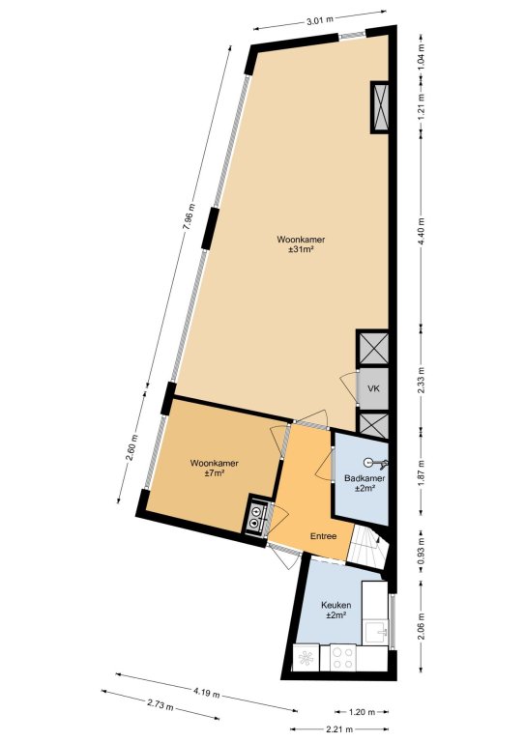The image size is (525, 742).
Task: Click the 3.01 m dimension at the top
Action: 320,19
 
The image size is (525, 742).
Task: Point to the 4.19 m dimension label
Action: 206,693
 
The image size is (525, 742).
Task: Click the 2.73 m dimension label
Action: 160,705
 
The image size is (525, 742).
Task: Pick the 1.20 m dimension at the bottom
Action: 362,711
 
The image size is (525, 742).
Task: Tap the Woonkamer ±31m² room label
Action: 301,243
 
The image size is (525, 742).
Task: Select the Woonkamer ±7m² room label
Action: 214,468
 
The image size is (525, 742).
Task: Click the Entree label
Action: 323,536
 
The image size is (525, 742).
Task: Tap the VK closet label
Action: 373,388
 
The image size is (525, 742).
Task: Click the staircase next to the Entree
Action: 368,548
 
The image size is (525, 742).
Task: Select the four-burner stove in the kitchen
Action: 342,658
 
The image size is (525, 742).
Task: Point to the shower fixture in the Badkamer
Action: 375,463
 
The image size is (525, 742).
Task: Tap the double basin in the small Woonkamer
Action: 256,517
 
